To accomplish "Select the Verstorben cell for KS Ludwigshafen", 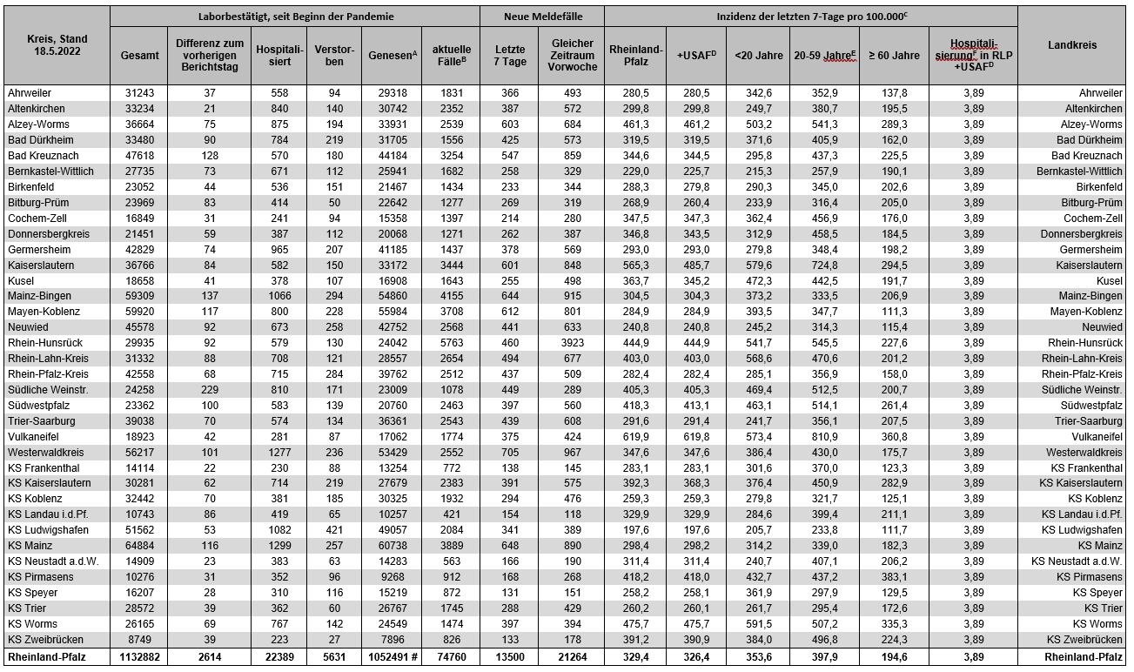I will [334, 530].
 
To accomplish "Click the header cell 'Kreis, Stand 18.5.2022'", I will [57, 45].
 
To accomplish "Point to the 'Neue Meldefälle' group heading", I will [542, 17].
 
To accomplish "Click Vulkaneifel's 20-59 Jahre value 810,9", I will [825, 436].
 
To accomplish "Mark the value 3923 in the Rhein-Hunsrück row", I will [572, 343].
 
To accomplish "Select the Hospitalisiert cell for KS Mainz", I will [278, 546].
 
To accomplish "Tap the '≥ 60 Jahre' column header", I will [895, 55].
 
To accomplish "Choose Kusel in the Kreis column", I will [22, 280].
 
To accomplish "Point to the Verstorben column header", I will [334, 55].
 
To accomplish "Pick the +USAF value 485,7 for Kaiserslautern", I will [696, 265].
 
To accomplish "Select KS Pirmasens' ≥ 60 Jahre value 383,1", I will [895, 577].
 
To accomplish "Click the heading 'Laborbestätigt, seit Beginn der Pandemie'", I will [296, 17].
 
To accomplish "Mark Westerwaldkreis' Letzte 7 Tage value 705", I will [510, 453].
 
